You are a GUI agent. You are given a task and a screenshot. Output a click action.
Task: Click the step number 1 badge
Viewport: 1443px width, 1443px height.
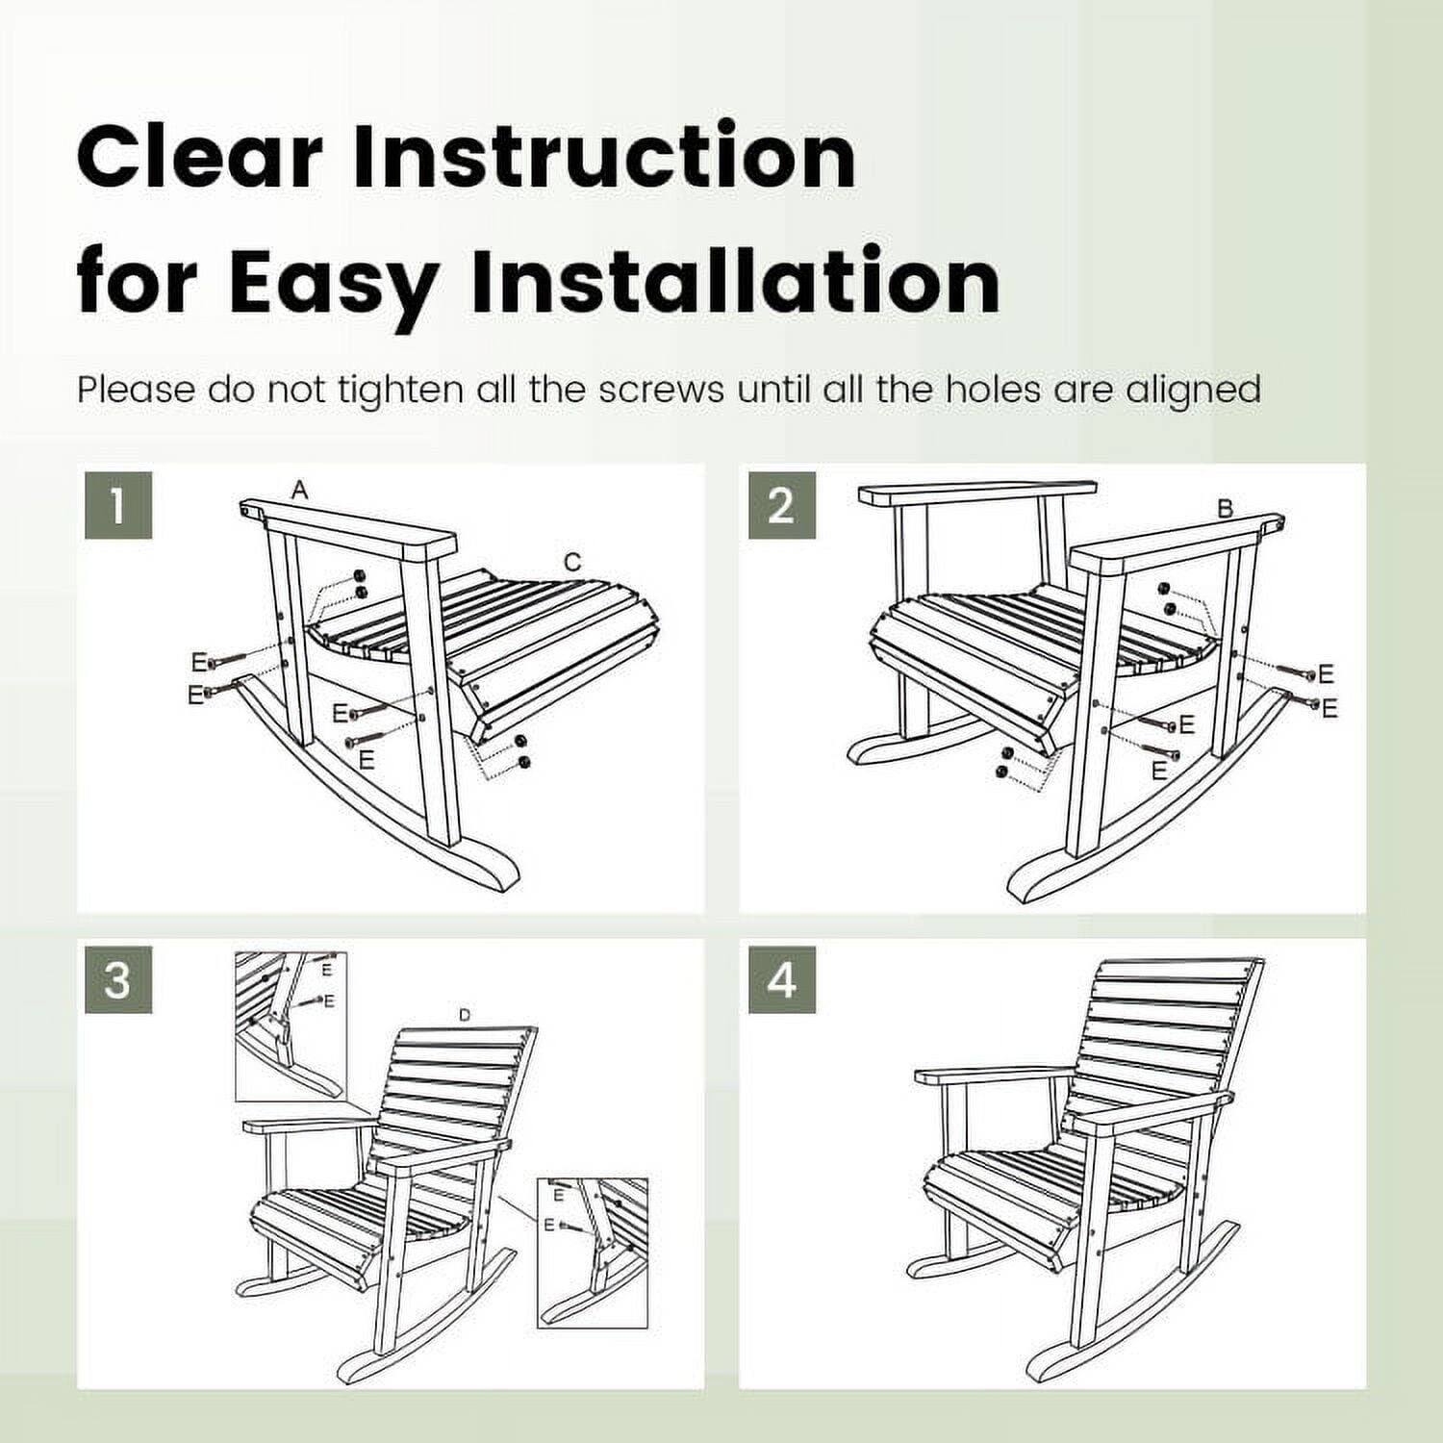click(117, 505)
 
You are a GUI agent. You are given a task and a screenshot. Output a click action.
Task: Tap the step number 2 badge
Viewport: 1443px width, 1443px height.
click(781, 505)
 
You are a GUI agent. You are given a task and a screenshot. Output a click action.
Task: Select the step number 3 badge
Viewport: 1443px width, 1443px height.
click(117, 979)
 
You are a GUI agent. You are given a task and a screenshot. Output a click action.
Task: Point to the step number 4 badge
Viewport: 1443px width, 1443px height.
click(781, 979)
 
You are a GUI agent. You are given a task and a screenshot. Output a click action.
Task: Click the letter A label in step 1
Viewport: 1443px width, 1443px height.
click(300, 491)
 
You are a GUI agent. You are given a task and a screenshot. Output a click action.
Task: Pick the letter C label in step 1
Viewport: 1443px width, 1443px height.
click(572, 563)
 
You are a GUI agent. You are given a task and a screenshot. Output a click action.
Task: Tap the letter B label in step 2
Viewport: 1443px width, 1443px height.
click(1225, 509)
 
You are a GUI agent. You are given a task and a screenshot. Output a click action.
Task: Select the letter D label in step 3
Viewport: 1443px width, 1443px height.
click(465, 1015)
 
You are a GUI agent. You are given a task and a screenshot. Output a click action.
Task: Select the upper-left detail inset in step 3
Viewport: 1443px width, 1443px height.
click(291, 1026)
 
